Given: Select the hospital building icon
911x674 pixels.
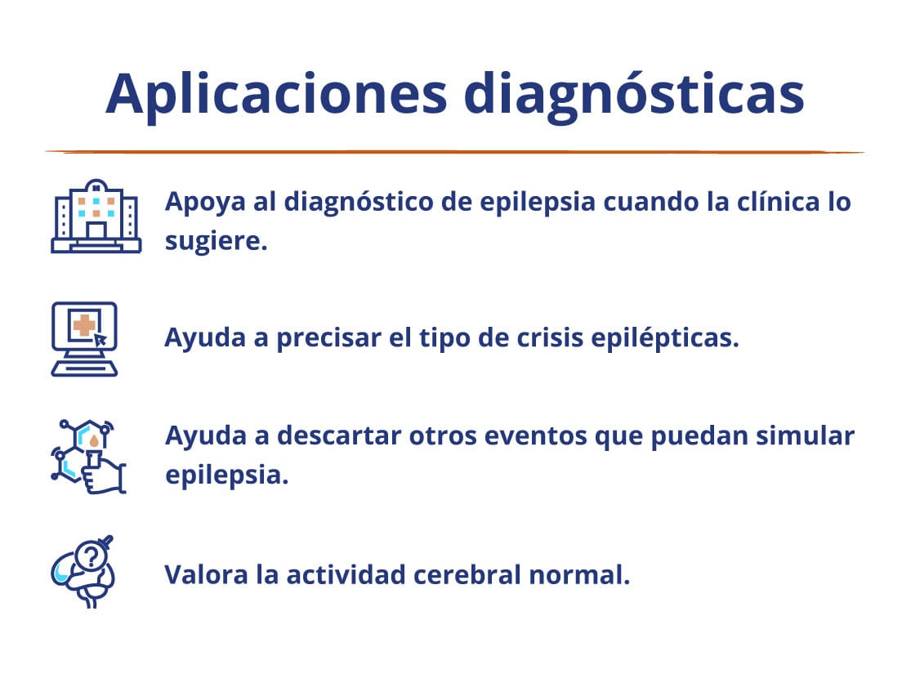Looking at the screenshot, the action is [96, 216].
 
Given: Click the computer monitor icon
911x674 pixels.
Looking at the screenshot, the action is [85, 339].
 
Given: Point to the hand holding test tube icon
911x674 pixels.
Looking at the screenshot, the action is [88, 457].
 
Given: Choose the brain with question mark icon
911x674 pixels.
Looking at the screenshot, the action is [83, 571].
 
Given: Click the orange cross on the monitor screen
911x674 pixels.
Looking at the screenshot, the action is [84, 325].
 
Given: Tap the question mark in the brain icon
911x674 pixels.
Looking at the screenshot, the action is [91, 556].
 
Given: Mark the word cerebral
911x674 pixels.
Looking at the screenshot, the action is [467, 575].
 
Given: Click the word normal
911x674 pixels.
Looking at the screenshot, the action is [579, 575].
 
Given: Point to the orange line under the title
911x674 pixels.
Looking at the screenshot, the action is [455, 152].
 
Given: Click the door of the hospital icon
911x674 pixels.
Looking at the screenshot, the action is [96, 231].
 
